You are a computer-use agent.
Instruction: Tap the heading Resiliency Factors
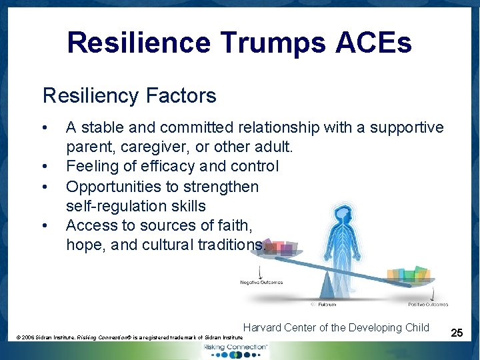click(129, 95)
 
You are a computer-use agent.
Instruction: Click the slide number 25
click(457, 331)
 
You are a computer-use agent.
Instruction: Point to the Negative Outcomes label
click(261, 282)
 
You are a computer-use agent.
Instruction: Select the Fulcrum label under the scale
click(325, 304)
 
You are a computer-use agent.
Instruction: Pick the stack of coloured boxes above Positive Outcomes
click(409, 273)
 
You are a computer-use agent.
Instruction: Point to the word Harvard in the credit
click(264, 327)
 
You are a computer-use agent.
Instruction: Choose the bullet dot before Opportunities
click(43, 186)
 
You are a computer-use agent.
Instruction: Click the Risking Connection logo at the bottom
click(239, 349)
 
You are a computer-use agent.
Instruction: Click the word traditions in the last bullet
click(231, 245)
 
